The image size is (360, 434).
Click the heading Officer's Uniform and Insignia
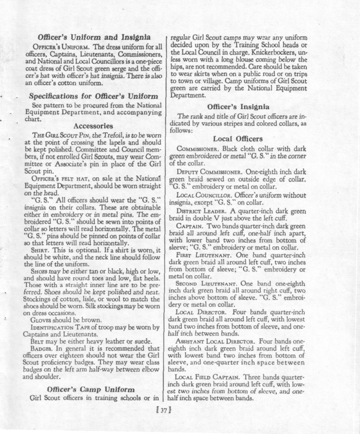pos(95,37)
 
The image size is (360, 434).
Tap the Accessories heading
pos(93,126)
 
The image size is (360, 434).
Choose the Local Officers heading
pos(238,139)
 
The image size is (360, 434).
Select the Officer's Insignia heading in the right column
pos(238,107)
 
